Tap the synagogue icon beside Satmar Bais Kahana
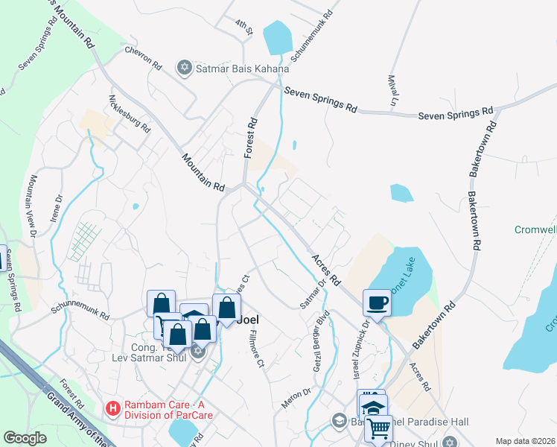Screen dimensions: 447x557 pyautogui.click(x=185, y=69)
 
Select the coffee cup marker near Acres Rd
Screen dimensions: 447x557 pyautogui.click(x=377, y=302)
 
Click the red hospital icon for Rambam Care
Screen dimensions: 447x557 pyautogui.click(x=112, y=408)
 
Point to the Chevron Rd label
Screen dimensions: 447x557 pyautogui.click(x=143, y=59)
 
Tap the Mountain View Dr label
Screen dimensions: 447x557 pyautogui.click(x=33, y=207)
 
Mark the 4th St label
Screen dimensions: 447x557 pyautogui.click(x=245, y=31)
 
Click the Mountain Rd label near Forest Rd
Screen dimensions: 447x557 pyautogui.click(x=203, y=172)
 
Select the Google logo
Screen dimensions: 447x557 pyautogui.click(x=25, y=438)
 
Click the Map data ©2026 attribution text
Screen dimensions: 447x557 pyautogui.click(x=524, y=441)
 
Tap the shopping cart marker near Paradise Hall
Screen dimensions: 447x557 pyautogui.click(x=378, y=428)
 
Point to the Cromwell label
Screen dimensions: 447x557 pyautogui.click(x=535, y=229)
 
